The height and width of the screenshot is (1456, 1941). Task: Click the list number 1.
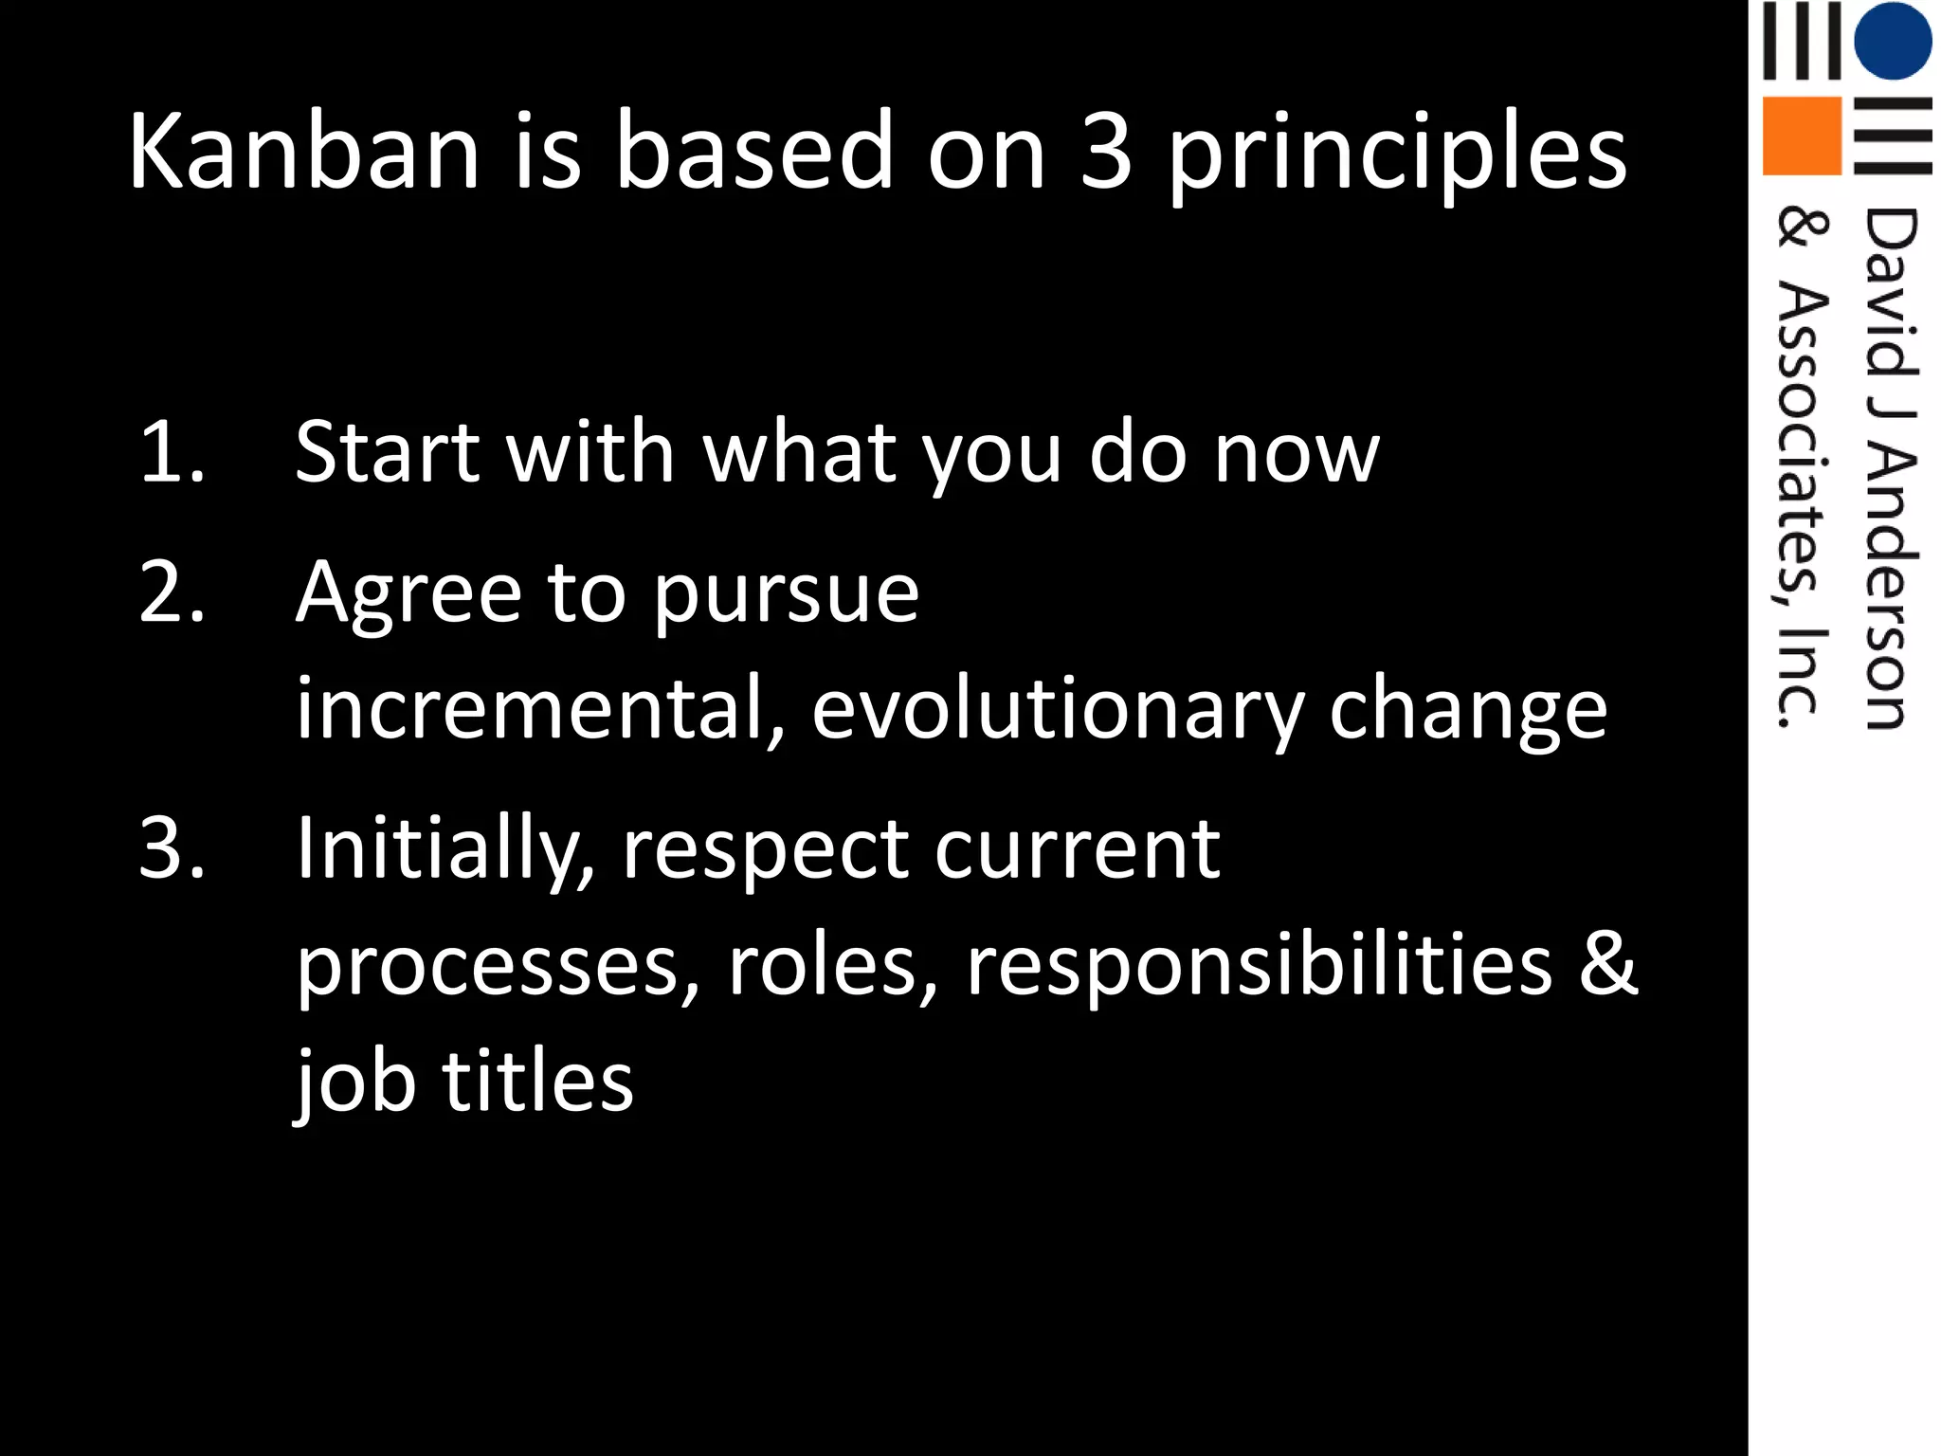tap(172, 452)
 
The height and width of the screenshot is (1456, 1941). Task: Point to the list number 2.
tap(172, 592)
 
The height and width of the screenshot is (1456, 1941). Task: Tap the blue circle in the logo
tap(1893, 40)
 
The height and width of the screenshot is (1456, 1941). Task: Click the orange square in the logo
tap(1802, 136)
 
